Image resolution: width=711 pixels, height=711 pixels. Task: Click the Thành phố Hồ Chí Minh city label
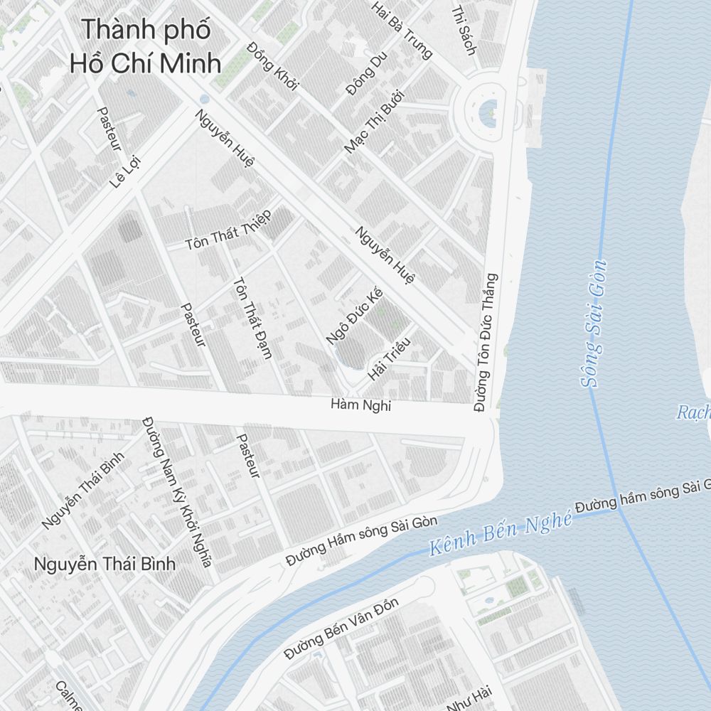(146, 46)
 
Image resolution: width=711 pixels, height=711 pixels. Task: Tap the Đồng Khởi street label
(273, 66)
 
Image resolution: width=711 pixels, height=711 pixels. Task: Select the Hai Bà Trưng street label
(402, 30)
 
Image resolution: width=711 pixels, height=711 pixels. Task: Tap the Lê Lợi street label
(126, 171)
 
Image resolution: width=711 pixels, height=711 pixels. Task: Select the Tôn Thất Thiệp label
(228, 230)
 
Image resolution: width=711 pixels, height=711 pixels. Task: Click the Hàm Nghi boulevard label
(361, 406)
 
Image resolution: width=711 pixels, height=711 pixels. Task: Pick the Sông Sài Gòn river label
(593, 324)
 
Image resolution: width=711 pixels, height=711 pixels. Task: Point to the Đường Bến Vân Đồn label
(341, 629)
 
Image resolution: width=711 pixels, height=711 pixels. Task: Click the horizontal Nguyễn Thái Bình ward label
(105, 565)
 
